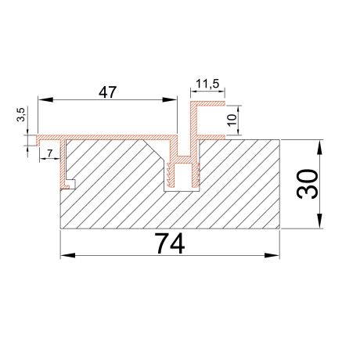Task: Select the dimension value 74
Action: coord(170,244)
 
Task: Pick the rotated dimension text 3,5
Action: coord(22,115)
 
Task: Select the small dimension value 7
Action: coord(50,153)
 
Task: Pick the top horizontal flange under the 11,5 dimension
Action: coord(208,103)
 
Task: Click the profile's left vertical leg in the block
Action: coord(65,164)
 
